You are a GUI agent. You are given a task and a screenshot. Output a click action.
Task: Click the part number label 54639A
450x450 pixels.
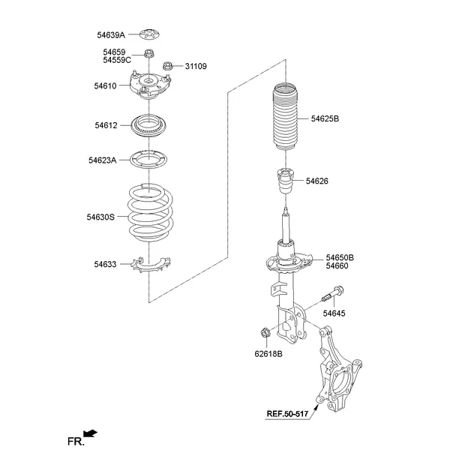tap(110, 34)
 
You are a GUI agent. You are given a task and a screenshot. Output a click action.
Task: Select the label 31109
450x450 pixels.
tap(196, 67)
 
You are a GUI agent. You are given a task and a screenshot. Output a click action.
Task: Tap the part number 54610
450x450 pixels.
tap(105, 86)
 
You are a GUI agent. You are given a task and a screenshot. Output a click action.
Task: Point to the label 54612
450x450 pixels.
tap(105, 125)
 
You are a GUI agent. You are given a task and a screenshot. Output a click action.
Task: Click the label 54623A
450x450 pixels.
tap(102, 160)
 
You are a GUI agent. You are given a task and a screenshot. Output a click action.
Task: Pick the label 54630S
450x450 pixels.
tap(100, 217)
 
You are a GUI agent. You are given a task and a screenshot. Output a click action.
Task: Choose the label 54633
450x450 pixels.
tap(105, 263)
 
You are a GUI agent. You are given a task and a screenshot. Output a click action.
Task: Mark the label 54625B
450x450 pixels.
tap(324, 118)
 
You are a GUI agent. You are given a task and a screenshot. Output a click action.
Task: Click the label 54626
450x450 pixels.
tap(316, 181)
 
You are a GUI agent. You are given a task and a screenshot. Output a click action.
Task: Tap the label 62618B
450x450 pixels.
tap(268, 354)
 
